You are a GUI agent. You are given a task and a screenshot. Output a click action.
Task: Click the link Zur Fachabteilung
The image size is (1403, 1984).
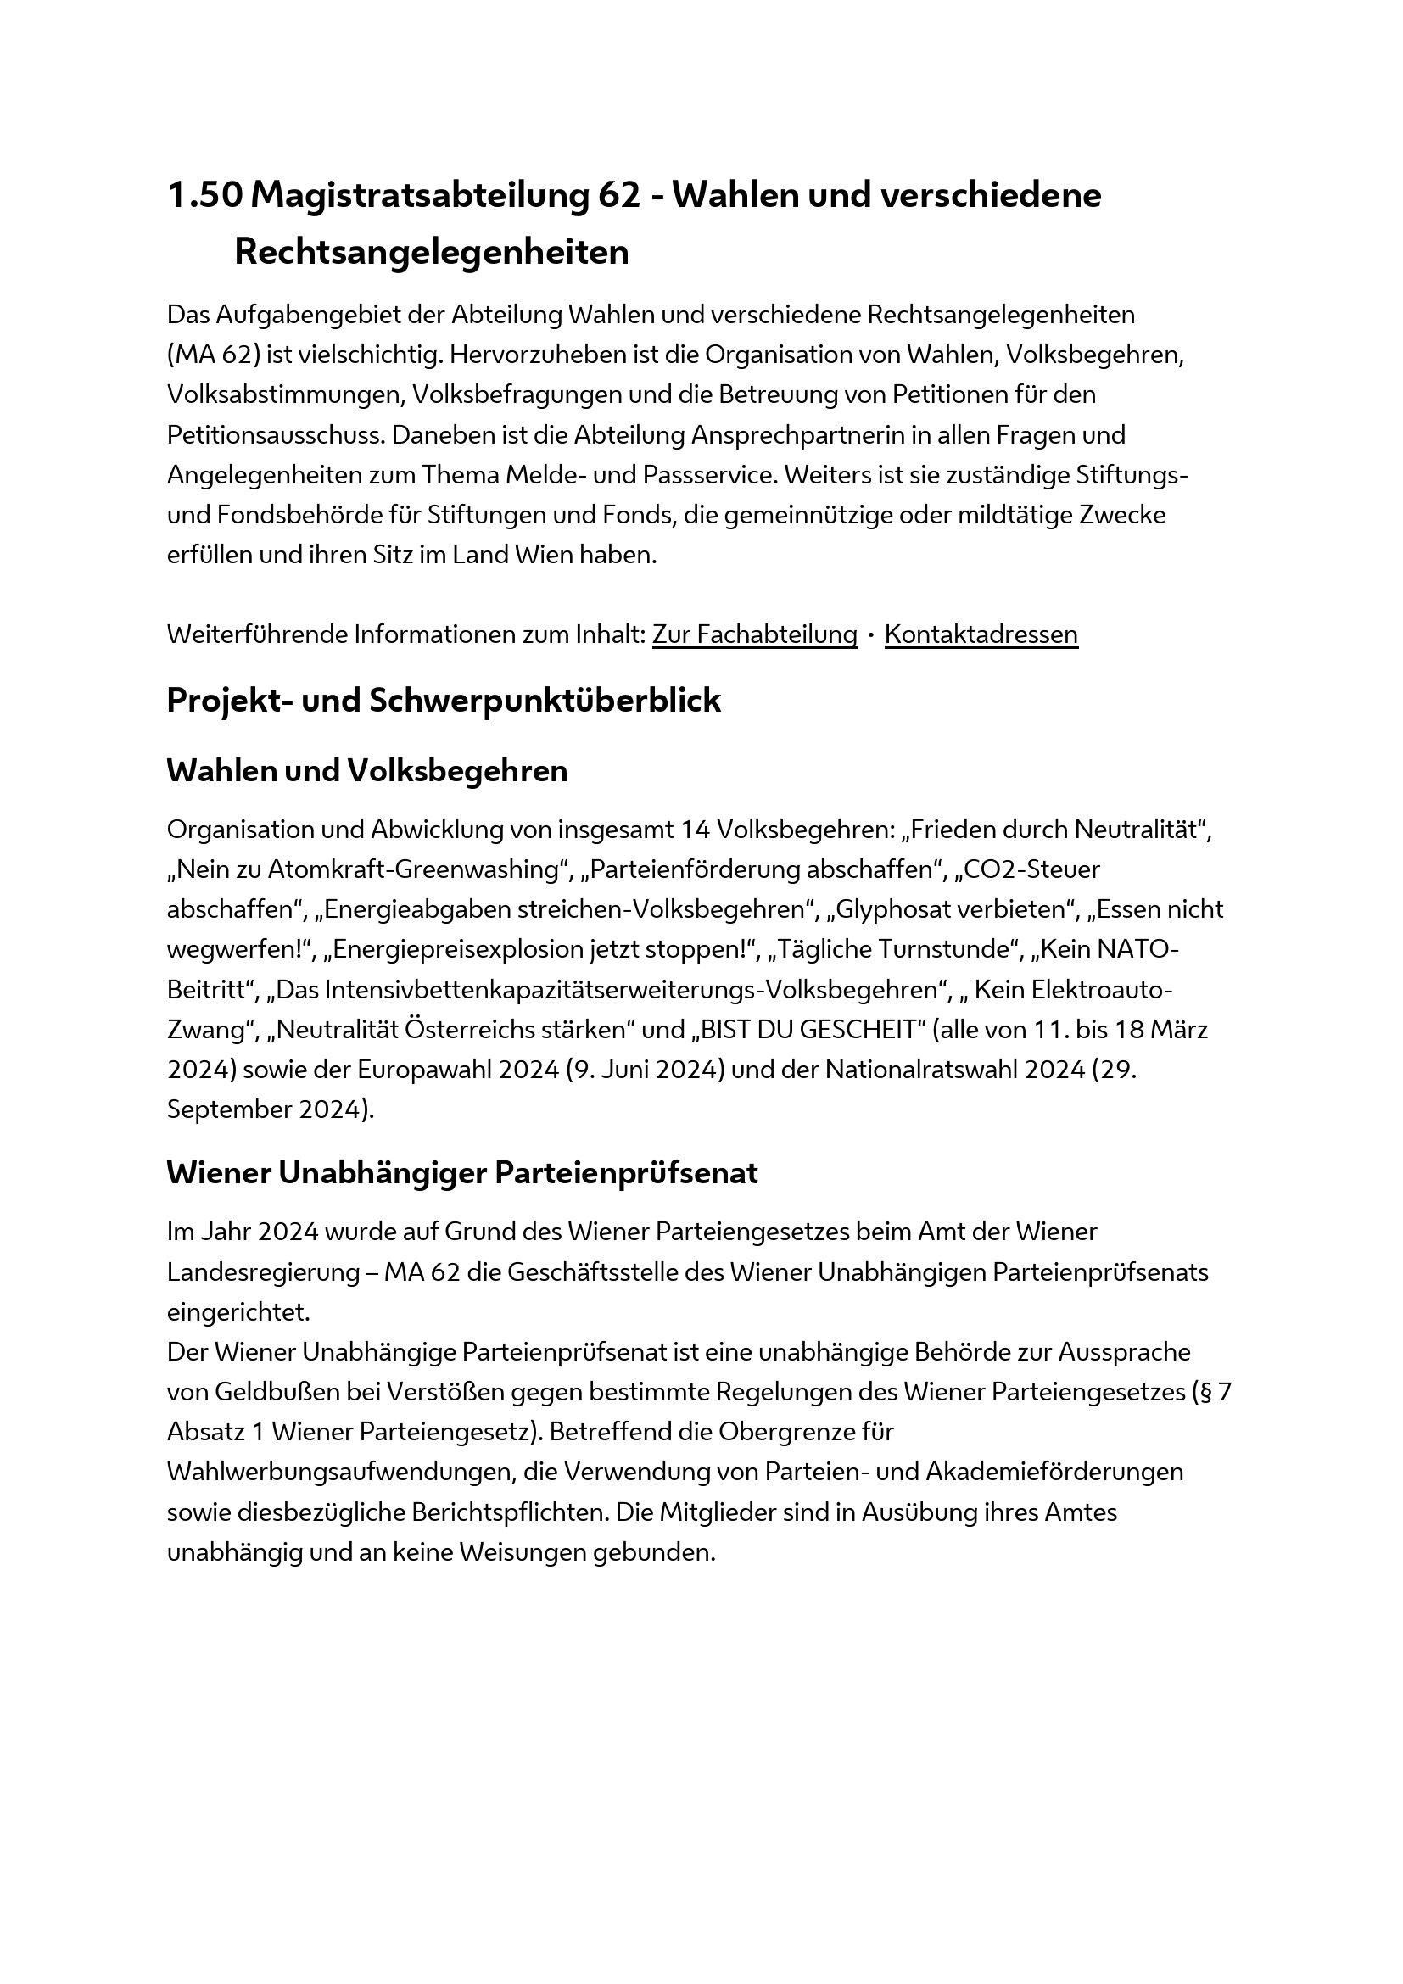(x=754, y=634)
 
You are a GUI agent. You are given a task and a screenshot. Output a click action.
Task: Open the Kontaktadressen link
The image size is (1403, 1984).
(x=981, y=634)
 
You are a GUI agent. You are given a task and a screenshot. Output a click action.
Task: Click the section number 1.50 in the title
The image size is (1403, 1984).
(x=204, y=195)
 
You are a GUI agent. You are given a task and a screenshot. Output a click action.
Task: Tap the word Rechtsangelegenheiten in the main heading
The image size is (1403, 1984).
(x=431, y=252)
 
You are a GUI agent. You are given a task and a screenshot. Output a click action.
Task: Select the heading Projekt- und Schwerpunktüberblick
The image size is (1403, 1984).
(x=443, y=700)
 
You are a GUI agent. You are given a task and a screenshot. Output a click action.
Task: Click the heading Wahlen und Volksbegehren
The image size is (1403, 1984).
(x=367, y=771)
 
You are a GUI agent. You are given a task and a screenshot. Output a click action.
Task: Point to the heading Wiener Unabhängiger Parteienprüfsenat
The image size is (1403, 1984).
(x=462, y=1172)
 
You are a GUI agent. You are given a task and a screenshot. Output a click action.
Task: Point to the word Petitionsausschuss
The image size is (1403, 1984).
(x=275, y=434)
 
